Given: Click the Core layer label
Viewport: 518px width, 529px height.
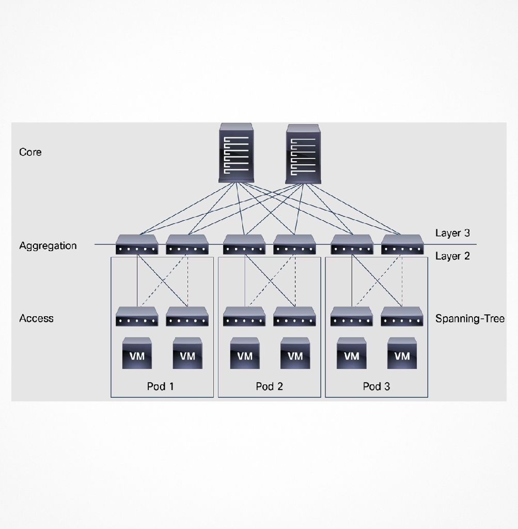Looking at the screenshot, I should point(30,152).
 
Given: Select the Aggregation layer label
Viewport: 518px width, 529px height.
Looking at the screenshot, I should point(48,245).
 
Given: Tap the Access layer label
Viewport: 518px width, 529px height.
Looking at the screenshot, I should point(36,318).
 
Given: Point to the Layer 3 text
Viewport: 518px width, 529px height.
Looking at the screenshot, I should point(452,233).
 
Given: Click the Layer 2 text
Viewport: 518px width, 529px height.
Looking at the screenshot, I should point(452,256).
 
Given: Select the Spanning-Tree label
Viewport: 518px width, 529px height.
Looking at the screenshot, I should point(469,318).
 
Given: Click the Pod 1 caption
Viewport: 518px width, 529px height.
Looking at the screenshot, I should point(160,386).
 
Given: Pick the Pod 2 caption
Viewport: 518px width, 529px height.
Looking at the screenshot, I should point(269,386).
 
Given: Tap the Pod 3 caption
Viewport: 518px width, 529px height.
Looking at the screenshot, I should point(376,386).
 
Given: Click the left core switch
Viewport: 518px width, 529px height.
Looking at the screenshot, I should point(236,152).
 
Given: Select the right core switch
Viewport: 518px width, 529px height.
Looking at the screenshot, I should point(303,154).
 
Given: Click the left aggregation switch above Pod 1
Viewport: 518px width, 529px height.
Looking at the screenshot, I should point(136,244).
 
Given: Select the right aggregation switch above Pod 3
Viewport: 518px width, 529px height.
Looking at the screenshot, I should point(402,244).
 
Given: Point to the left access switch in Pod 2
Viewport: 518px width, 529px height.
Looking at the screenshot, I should point(244,317).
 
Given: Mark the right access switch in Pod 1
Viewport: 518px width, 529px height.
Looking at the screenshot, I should point(187,317).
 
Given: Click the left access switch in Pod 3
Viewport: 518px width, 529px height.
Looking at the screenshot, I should point(352,317).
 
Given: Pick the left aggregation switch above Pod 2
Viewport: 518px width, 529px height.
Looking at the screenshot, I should point(244,244).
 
